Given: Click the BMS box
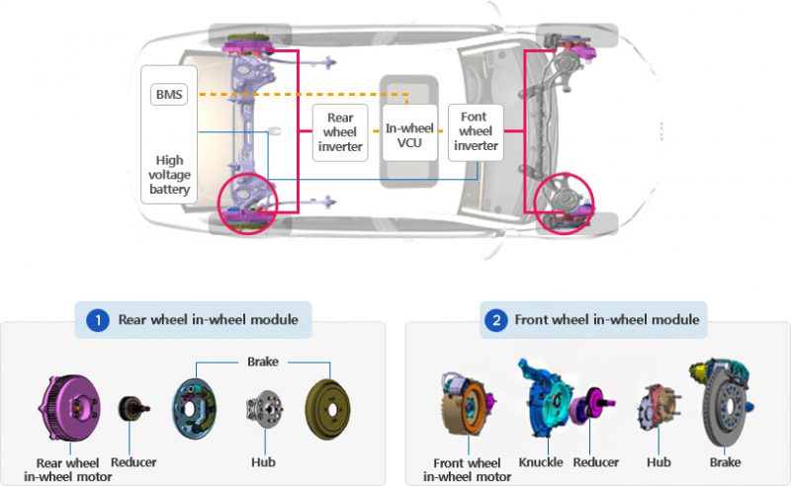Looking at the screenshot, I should click(x=170, y=95).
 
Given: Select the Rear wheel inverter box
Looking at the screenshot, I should click(x=340, y=130).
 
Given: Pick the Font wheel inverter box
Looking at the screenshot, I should click(x=476, y=131).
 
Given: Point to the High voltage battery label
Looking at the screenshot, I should click(x=170, y=175).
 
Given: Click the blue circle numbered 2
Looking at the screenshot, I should click(x=493, y=320).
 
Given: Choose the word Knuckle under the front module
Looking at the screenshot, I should click(x=541, y=462).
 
